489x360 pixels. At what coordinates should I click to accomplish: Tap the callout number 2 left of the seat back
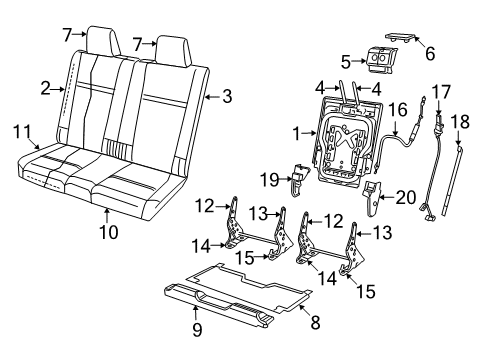45,88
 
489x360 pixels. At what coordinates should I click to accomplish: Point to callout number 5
346,61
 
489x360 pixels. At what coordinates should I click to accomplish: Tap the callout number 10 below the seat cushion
109,233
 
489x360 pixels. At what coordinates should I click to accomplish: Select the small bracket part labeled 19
300,181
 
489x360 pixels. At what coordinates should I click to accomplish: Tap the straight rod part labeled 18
459,175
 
